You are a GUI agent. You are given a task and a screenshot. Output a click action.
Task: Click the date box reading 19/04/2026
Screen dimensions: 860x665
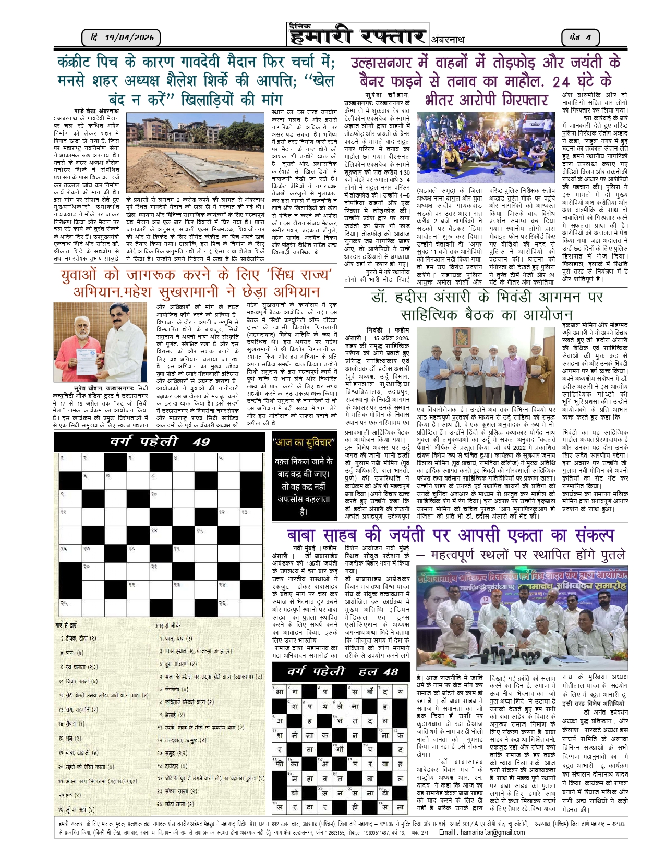pyautogui.click(x=121, y=38)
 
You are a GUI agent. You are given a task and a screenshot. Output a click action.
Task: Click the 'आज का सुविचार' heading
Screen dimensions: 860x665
pyautogui.click(x=304, y=443)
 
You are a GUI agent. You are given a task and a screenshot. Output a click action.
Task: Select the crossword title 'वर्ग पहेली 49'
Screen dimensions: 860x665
pyautogui.click(x=160, y=442)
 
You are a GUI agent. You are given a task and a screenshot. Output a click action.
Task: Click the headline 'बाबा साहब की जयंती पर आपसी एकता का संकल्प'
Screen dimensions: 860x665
pyautogui.click(x=451, y=535)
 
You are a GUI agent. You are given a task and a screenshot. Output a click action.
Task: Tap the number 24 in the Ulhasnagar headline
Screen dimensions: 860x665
pyautogui.click(x=561, y=82)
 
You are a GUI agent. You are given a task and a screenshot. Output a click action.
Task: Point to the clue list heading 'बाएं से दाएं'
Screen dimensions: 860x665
pyautogui.click(x=66, y=625)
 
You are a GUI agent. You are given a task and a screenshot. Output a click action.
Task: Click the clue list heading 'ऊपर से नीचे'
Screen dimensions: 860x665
pyautogui.click(x=167, y=625)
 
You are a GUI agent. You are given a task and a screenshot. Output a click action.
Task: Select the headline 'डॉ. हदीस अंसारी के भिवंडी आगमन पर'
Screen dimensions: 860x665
pyautogui.click(x=486, y=297)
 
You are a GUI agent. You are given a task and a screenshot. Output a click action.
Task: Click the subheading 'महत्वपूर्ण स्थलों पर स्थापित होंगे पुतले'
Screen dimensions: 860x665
pyautogui.click(x=528, y=555)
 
